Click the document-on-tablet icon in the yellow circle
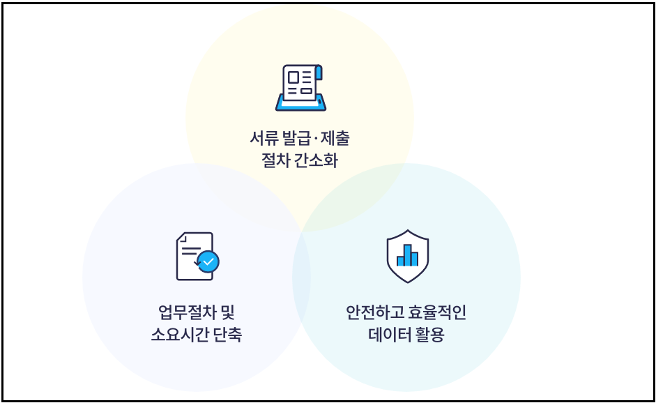tap(300, 88)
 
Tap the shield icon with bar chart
tap(407, 256)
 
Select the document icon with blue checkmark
tap(197, 256)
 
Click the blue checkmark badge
tap(208, 261)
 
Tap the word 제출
tap(335, 138)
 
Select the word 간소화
tap(319, 160)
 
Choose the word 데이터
tap(391, 335)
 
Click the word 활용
tap(431, 335)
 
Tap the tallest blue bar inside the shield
tap(407, 254)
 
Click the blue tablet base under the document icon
tap(300, 105)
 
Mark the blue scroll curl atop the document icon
tap(319, 72)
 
